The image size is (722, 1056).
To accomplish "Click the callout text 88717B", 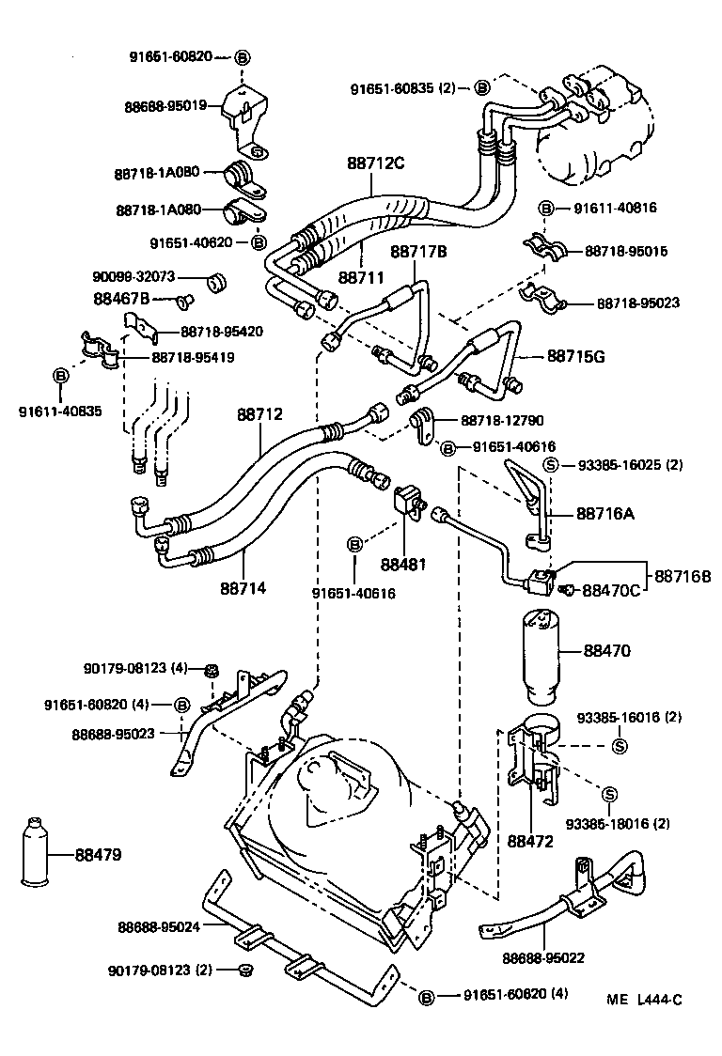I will pyautogui.click(x=418, y=251).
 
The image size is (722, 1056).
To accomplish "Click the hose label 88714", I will pyautogui.click(x=243, y=588).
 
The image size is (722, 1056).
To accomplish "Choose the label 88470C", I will pyautogui.click(x=611, y=590).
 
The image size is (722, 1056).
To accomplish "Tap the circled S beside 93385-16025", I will pyautogui.click(x=552, y=464).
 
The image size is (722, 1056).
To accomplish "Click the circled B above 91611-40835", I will pyautogui.click(x=60, y=376).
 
